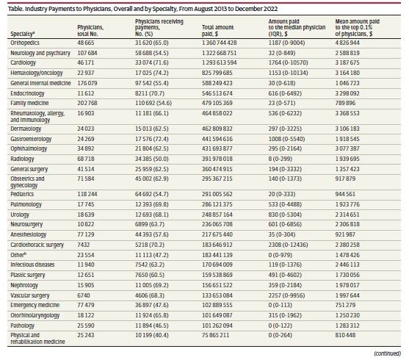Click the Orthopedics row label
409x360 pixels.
click(x=25, y=43)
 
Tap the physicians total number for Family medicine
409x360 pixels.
click(x=87, y=103)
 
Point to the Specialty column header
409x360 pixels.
click(x=23, y=34)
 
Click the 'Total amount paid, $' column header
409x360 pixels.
click(x=217, y=31)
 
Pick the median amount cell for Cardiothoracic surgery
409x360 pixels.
click(x=288, y=245)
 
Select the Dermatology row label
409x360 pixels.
click(x=26, y=129)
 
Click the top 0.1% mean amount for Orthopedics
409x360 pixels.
click(x=347, y=43)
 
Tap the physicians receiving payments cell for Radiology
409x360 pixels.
click(x=152, y=159)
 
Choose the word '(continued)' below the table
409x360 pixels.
click(x=388, y=353)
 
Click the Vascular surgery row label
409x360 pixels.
click(x=29, y=295)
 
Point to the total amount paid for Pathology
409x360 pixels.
click(x=217, y=325)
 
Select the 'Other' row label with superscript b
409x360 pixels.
click(x=18, y=255)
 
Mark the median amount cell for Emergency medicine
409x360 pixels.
click(x=280, y=305)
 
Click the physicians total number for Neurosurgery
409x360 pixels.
click(x=86, y=224)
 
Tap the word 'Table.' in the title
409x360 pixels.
click(x=15, y=9)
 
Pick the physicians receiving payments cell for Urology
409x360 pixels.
click(x=152, y=215)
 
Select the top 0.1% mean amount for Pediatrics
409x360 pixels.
click(x=345, y=194)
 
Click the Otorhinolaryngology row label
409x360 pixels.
click(x=35, y=315)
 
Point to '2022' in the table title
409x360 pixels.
click(x=270, y=9)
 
